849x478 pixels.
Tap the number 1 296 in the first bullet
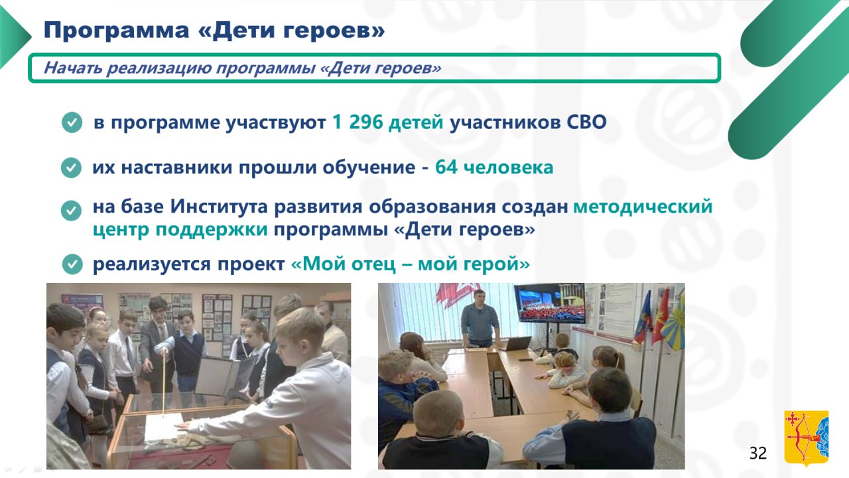tap(358, 122)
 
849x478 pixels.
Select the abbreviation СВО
tap(586, 122)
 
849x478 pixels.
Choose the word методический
tap(643, 207)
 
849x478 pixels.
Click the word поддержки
tap(212, 230)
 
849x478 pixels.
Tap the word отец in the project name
tap(373, 264)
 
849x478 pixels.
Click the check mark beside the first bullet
tap(72, 122)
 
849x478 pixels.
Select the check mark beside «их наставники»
tap(71, 167)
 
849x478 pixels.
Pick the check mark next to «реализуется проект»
tap(72, 264)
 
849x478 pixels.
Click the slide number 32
tap(758, 453)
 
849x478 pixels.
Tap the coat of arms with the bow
tap(806, 438)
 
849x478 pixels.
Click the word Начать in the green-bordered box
tap(73, 68)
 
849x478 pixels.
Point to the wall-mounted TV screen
tap(549, 303)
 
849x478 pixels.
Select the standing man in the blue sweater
tap(480, 319)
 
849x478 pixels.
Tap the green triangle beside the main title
tap(15, 37)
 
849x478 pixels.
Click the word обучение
tap(369, 167)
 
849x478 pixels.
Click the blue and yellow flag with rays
tap(673, 323)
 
